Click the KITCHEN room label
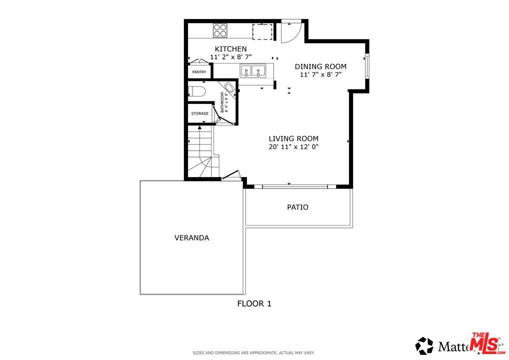230,48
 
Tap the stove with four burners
220,30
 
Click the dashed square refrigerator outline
261,31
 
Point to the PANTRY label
199,72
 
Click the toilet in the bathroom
197,91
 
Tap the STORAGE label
199,113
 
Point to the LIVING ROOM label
293,138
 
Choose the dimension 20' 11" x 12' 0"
293,147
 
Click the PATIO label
297,207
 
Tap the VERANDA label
191,237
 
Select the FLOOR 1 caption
254,303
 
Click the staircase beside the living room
201,152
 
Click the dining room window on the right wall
366,65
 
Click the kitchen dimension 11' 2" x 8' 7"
230,57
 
